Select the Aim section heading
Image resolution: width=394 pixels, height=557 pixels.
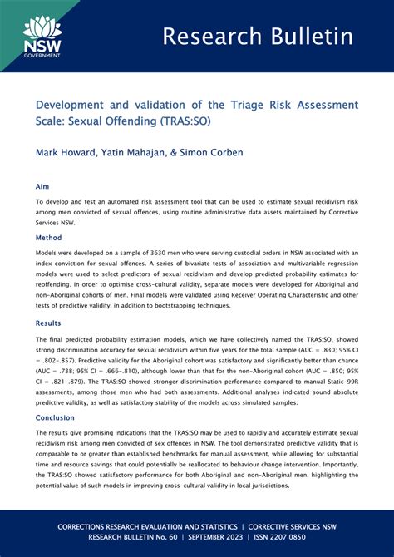42,187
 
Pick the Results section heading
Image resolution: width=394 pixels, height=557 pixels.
49,323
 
